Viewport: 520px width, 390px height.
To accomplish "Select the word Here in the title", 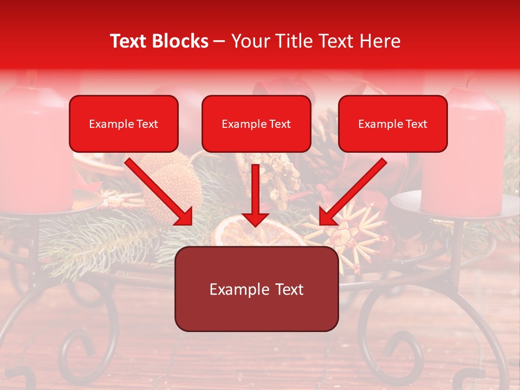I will click(x=380, y=41).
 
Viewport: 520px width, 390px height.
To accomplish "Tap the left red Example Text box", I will click(x=123, y=123).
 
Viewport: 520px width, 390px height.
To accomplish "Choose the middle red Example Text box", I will click(x=256, y=123).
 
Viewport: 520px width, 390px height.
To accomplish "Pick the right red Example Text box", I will click(x=393, y=123).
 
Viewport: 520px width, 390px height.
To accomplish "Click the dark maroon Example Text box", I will click(x=256, y=289).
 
